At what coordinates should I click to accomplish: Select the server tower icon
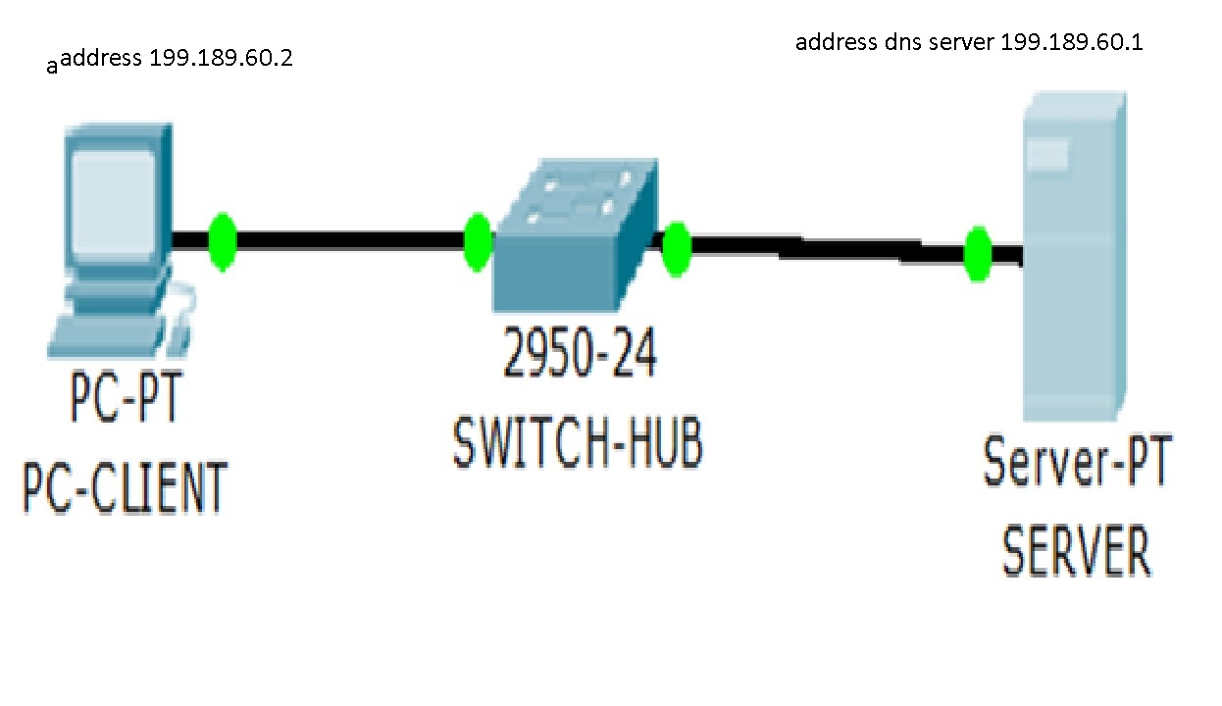point(1073,255)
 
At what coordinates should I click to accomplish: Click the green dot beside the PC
point(223,241)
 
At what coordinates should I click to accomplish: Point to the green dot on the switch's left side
point(478,241)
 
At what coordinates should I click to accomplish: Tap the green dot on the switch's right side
point(677,249)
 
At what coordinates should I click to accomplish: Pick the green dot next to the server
point(977,254)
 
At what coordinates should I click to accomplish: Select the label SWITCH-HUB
point(578,443)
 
